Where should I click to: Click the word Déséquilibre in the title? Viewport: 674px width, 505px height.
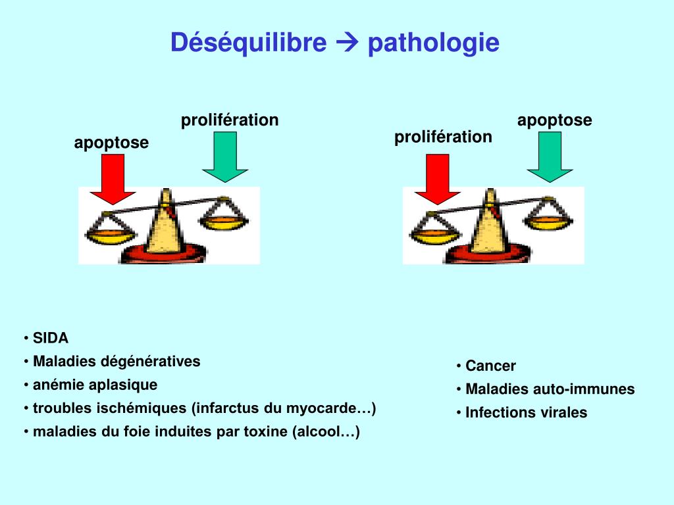(x=248, y=43)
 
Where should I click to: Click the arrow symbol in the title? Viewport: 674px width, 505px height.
(x=347, y=44)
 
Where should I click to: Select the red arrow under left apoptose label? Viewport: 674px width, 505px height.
(x=113, y=181)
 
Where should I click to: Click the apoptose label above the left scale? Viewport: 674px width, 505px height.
(x=111, y=143)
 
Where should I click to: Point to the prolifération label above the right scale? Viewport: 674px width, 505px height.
(x=443, y=137)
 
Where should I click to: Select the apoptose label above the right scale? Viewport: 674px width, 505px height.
(x=554, y=120)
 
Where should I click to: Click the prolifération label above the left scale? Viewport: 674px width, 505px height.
(x=230, y=120)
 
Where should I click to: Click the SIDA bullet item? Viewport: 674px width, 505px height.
(x=51, y=339)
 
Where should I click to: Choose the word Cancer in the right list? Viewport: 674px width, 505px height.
(x=490, y=366)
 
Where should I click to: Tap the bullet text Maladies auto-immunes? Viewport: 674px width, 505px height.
(x=550, y=389)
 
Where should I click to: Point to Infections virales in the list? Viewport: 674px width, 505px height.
(x=526, y=413)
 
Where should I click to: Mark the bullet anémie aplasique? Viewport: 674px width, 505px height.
(x=95, y=385)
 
